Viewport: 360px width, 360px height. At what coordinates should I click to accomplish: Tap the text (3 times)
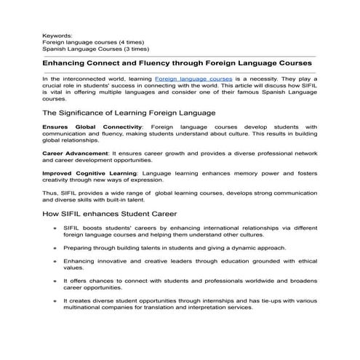(x=132, y=49)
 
